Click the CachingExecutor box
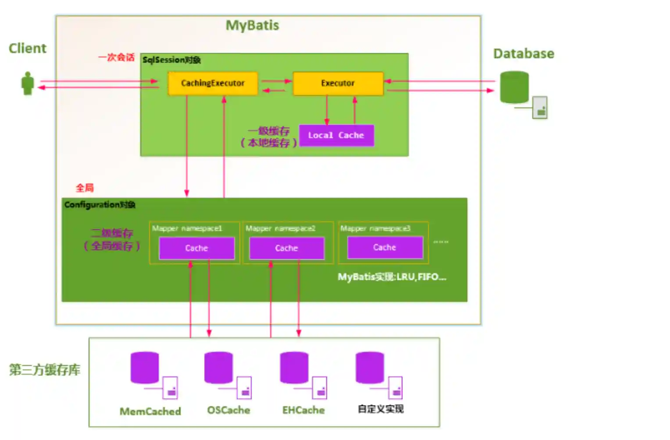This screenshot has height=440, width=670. [x=213, y=83]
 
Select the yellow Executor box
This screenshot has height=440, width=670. [x=338, y=83]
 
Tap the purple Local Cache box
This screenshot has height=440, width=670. [x=336, y=135]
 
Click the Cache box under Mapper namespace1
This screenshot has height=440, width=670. [x=196, y=248]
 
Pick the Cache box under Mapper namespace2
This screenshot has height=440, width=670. [x=286, y=248]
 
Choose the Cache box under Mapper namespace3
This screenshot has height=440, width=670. [x=385, y=248]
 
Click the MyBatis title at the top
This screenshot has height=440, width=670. [x=252, y=25]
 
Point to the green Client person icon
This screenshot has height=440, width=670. [x=28, y=83]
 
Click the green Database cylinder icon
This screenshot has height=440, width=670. [x=514, y=87]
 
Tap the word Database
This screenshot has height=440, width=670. [x=524, y=53]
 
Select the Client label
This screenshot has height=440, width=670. [x=27, y=48]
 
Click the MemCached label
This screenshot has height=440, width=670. [x=150, y=412]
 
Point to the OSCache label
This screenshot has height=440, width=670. [x=228, y=410]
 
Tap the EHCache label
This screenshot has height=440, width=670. [x=303, y=410]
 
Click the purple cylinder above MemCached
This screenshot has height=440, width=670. [x=145, y=367]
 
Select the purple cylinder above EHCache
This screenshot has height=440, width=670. [x=294, y=367]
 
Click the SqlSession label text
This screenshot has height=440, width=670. [x=171, y=60]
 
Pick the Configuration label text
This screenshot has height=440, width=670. [x=100, y=205]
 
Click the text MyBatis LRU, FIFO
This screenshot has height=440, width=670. [x=392, y=277]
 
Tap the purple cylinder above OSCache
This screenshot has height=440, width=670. [x=218, y=367]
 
